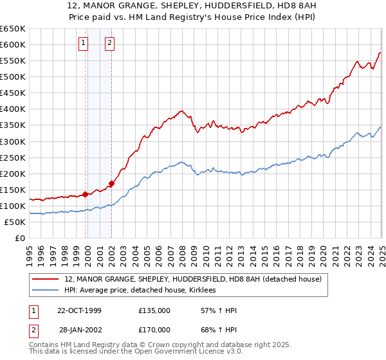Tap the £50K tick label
pos(15,222)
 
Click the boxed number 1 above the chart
pos(84,43)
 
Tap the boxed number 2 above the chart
pos(110,43)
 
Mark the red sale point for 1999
pos(86,194)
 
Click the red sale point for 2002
pos(112,183)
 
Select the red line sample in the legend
pos(45,279)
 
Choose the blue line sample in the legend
pos(45,291)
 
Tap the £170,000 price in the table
pos(154,329)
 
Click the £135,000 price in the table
pos(154,311)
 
